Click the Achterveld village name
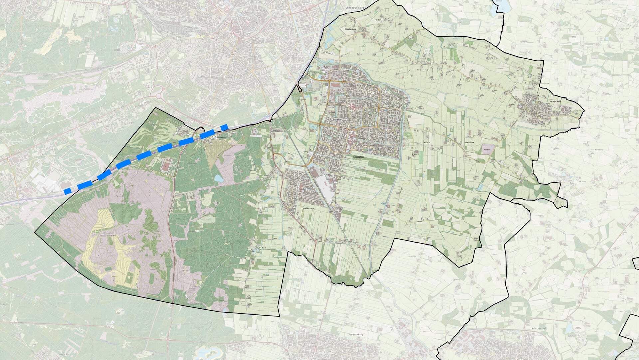pyautogui.click(x=556, y=100)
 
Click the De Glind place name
pyautogui.click(x=582, y=182)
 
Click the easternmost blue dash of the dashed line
pyautogui.click(x=224, y=127)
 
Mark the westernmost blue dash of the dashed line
pyautogui.click(x=68, y=191)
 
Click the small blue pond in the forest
pyautogui.click(x=218, y=179)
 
